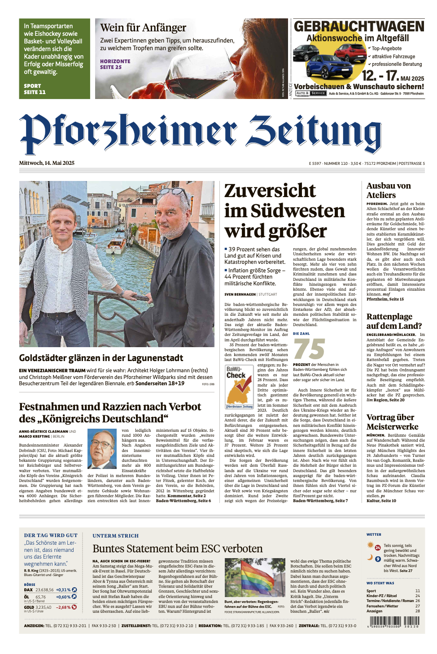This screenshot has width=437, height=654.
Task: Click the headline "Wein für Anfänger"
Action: [143, 28]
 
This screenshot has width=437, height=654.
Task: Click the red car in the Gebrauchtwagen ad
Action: [351, 53]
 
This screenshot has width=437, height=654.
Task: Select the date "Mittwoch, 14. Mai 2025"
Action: [47, 163]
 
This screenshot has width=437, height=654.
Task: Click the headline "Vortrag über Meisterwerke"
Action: [392, 422]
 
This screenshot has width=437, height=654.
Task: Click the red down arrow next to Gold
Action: [74, 607]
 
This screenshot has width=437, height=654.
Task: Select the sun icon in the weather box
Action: [371, 545]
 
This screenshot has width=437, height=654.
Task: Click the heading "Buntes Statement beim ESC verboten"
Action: [177, 549]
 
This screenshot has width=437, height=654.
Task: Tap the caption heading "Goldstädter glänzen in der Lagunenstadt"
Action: [101, 358]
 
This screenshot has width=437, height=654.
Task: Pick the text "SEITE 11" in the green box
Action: [35, 92]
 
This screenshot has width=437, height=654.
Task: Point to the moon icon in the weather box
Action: [370, 558]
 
